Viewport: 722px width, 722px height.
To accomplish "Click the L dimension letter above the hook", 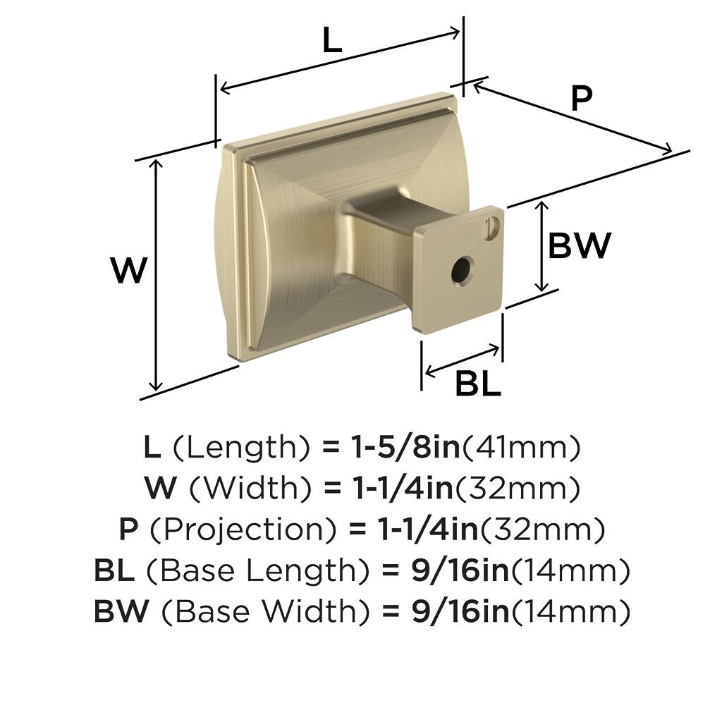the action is pos(332,39).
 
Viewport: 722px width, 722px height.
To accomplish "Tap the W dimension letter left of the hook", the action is pos(130,270).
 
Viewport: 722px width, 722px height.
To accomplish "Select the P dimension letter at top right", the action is pos(582,98).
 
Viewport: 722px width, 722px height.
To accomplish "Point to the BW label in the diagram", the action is pos(580,245).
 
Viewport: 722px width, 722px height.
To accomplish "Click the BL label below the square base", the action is pos(478,384).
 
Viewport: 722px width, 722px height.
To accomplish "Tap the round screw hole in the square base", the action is pos(462,269).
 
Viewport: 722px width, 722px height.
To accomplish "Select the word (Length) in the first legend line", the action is pos(241,447).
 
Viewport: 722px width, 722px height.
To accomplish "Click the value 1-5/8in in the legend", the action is pos(405,446).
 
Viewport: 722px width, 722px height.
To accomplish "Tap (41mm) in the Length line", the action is pos(521,447).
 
